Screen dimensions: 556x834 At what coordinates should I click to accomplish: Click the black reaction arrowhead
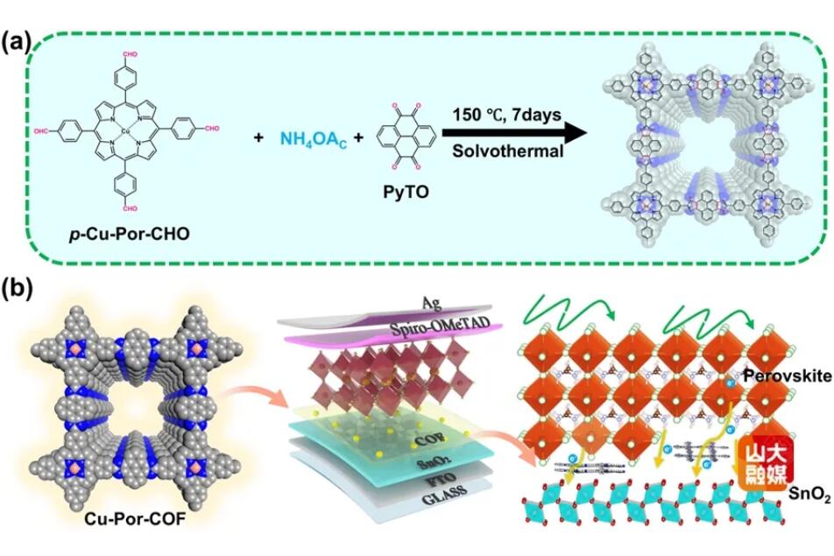(574, 134)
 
